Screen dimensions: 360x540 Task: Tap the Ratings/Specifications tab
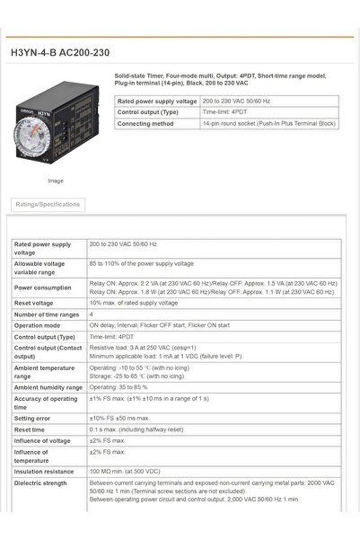click(48, 204)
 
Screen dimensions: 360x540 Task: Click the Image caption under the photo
click(56, 181)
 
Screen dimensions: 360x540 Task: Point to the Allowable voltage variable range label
click(40, 267)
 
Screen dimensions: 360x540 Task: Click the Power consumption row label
click(42, 288)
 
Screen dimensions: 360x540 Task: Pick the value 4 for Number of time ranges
click(92, 314)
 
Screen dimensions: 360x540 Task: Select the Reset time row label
click(31, 429)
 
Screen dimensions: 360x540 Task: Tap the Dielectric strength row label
click(41, 482)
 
